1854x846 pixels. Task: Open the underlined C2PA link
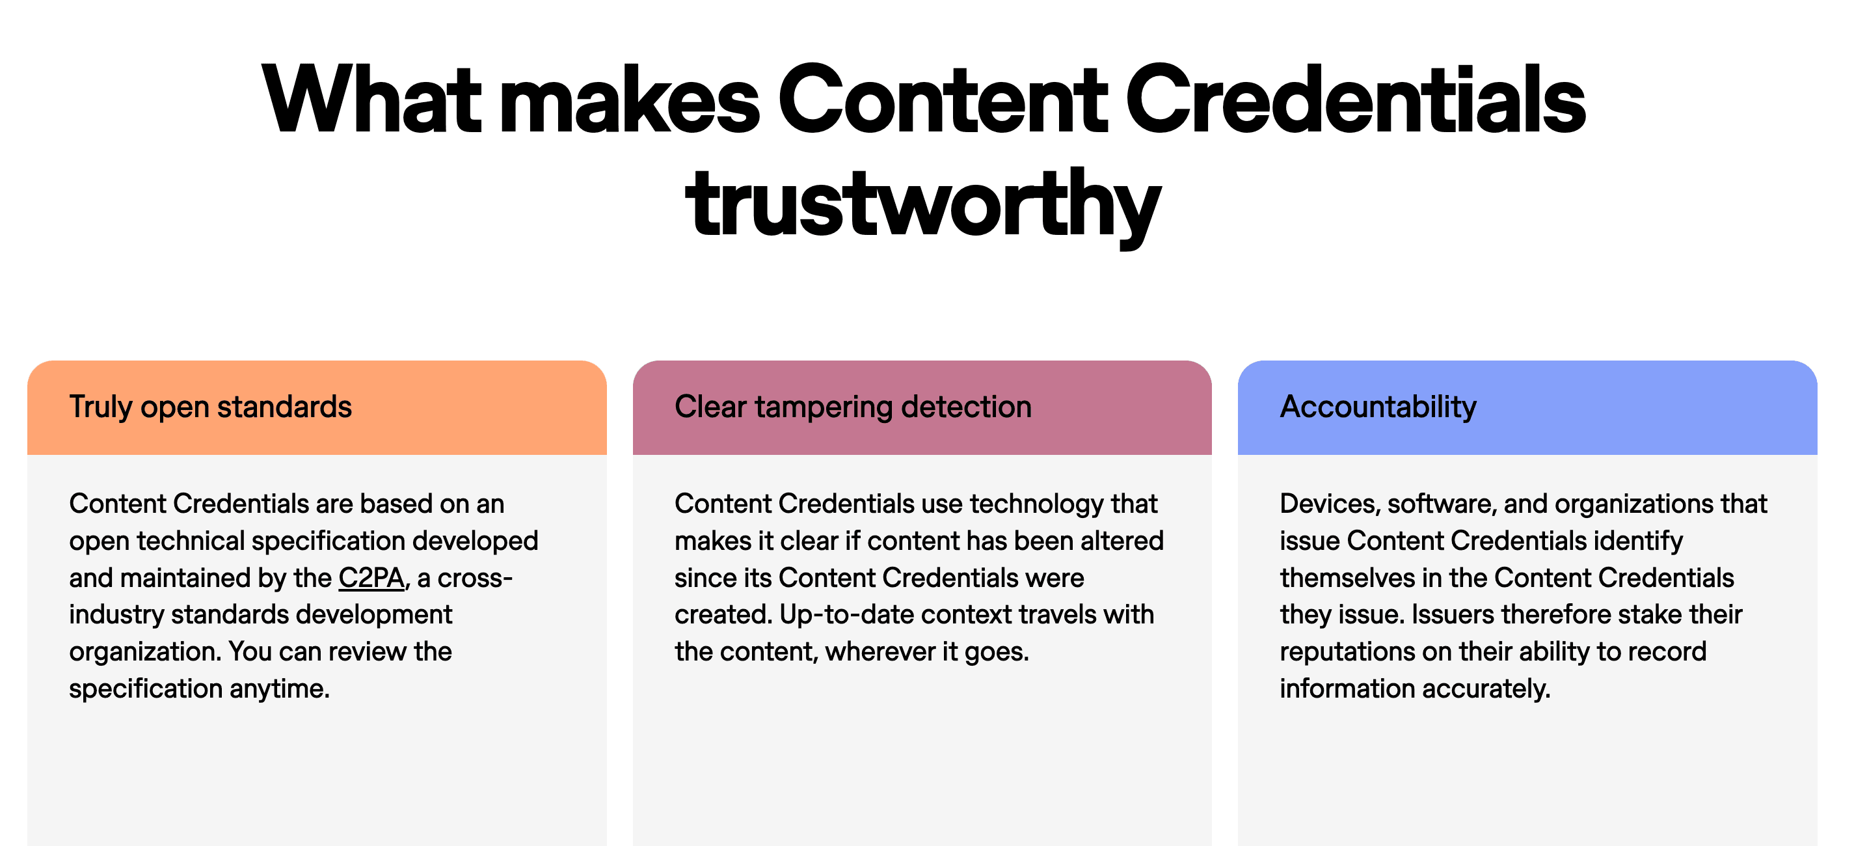(371, 578)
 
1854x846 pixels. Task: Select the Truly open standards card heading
(210, 407)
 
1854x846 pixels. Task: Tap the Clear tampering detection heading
(853, 407)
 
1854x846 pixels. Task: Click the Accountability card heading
(1378, 407)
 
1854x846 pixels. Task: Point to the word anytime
(279, 689)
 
